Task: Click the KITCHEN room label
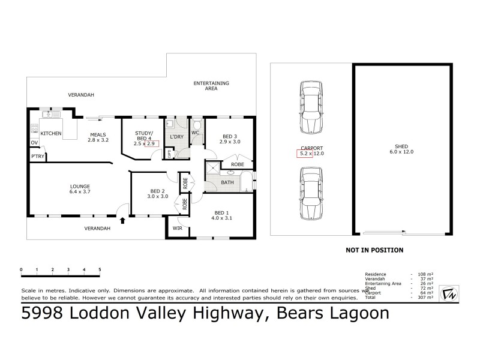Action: [51, 134]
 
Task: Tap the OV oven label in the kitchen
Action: [34, 142]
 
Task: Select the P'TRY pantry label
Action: [37, 157]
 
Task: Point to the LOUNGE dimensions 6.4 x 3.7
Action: [80, 193]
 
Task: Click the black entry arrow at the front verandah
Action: [123, 220]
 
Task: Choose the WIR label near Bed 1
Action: [177, 228]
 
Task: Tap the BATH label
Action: [227, 182]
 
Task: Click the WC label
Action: [196, 132]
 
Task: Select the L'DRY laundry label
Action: [176, 137]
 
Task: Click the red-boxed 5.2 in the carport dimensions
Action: [304, 154]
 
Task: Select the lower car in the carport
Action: [310, 193]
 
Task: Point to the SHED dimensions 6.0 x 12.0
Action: [401, 152]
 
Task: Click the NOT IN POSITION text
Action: [373, 250]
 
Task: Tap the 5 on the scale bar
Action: [100, 269]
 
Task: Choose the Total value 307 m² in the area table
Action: [426, 298]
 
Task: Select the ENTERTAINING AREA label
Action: [211, 85]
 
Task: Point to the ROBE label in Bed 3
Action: [237, 163]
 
